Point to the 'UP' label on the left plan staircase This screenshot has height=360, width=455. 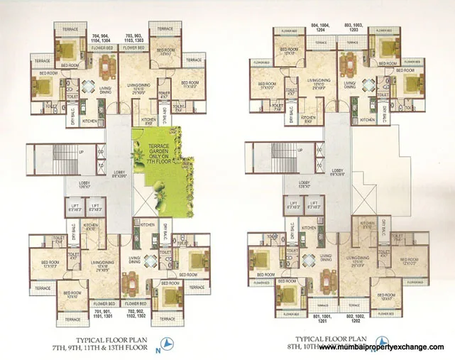(80, 152)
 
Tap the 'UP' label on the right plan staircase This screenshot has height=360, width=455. (298, 152)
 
